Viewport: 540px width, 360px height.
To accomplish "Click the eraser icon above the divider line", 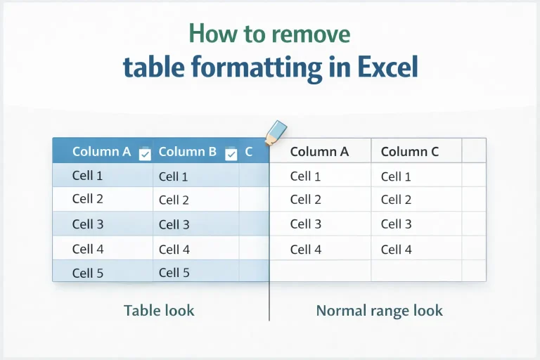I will click(x=276, y=131).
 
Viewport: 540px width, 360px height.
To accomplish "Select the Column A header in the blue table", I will click(x=101, y=151).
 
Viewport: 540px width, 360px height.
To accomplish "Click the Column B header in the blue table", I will click(x=187, y=151).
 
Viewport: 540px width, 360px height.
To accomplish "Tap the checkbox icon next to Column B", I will click(x=231, y=154).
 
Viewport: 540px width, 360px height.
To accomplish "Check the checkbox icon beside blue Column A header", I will click(x=145, y=154).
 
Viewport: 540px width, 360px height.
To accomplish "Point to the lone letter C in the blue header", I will click(x=249, y=151).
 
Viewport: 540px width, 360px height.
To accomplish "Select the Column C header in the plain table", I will click(x=410, y=151).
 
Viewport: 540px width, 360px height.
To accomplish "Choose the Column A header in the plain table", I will click(x=319, y=151).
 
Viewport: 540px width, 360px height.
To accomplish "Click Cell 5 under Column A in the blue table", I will click(x=88, y=273).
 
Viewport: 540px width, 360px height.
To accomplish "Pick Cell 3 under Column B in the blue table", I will click(x=174, y=225).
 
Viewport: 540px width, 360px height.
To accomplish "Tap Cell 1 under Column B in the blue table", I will click(x=174, y=177).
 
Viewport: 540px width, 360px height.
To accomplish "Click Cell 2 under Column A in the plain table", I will click(x=306, y=200).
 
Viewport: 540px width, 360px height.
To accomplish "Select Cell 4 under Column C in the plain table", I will click(x=397, y=250).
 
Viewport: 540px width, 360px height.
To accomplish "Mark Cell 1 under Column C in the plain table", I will click(x=397, y=176).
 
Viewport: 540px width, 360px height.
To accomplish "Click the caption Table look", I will click(x=159, y=310).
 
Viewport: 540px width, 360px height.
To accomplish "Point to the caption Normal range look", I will click(x=379, y=310).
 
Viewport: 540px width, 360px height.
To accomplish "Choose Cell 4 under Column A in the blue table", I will click(x=88, y=249).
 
